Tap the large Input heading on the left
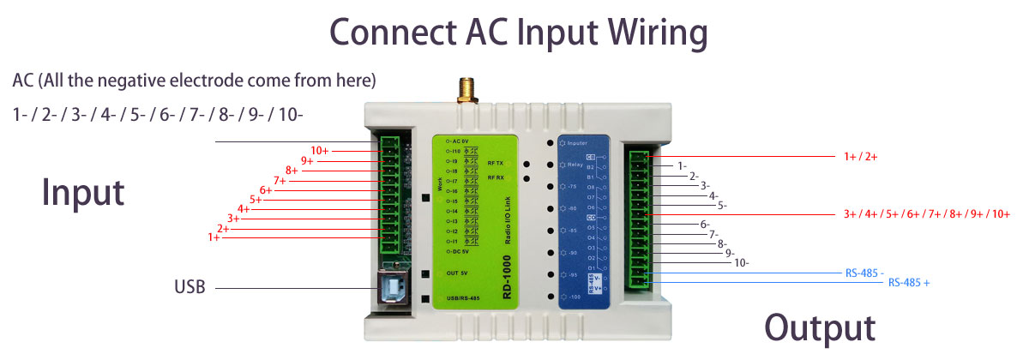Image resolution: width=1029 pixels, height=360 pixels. pyautogui.click(x=83, y=192)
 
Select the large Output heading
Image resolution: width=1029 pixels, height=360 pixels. pyautogui.click(x=820, y=328)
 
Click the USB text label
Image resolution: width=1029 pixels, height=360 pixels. pyautogui.click(x=190, y=287)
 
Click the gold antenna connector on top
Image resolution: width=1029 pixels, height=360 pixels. pyautogui.click(x=468, y=89)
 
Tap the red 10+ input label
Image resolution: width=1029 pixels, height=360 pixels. pyautogui.click(x=320, y=150)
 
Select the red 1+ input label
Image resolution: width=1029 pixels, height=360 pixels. pyautogui.click(x=214, y=237)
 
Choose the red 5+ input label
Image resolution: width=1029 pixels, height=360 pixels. pyautogui.click(x=256, y=200)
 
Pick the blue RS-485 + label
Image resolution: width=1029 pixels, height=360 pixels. pyautogui.click(x=909, y=282)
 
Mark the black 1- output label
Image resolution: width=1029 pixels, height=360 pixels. pyautogui.click(x=682, y=165)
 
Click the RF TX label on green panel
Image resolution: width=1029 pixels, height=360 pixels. pyautogui.click(x=496, y=162)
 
